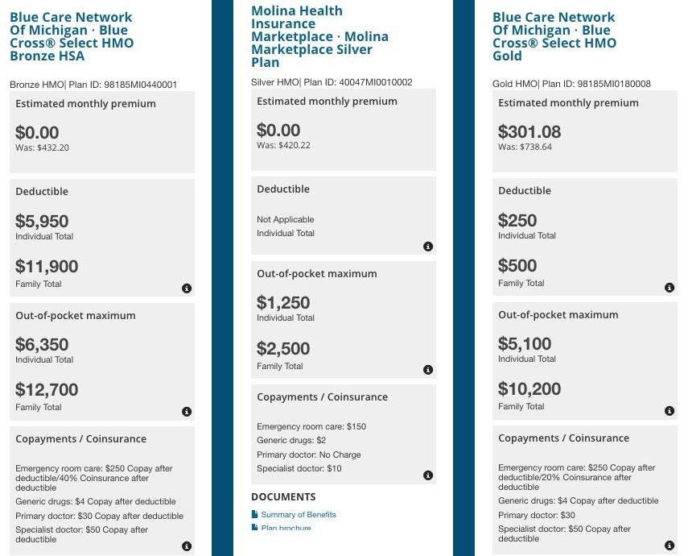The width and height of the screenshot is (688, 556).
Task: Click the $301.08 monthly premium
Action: [x=529, y=132]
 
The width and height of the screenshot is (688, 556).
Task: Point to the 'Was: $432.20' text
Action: [x=42, y=148]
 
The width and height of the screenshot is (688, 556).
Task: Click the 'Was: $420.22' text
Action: [x=283, y=146]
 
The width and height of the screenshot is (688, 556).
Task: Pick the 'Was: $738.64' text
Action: [x=525, y=147]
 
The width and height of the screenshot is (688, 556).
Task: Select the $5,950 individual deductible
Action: [x=42, y=222]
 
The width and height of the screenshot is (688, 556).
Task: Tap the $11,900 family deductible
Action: [x=47, y=267]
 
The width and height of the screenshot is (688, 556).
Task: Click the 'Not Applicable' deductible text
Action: [x=286, y=219]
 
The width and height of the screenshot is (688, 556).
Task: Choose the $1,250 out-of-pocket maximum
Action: [x=283, y=303]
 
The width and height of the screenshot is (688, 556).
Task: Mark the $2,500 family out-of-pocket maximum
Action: [x=283, y=349]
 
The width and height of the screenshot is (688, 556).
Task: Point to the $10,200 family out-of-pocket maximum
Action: [x=529, y=389]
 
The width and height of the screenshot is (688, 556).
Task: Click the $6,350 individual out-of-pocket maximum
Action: [x=42, y=345]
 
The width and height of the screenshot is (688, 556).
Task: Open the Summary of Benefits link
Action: [x=299, y=514]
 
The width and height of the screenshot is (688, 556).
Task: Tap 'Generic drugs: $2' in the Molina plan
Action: [x=291, y=441]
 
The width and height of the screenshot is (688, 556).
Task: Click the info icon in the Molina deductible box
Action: [x=428, y=247]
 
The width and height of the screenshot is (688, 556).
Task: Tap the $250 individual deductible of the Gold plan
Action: [x=517, y=221]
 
